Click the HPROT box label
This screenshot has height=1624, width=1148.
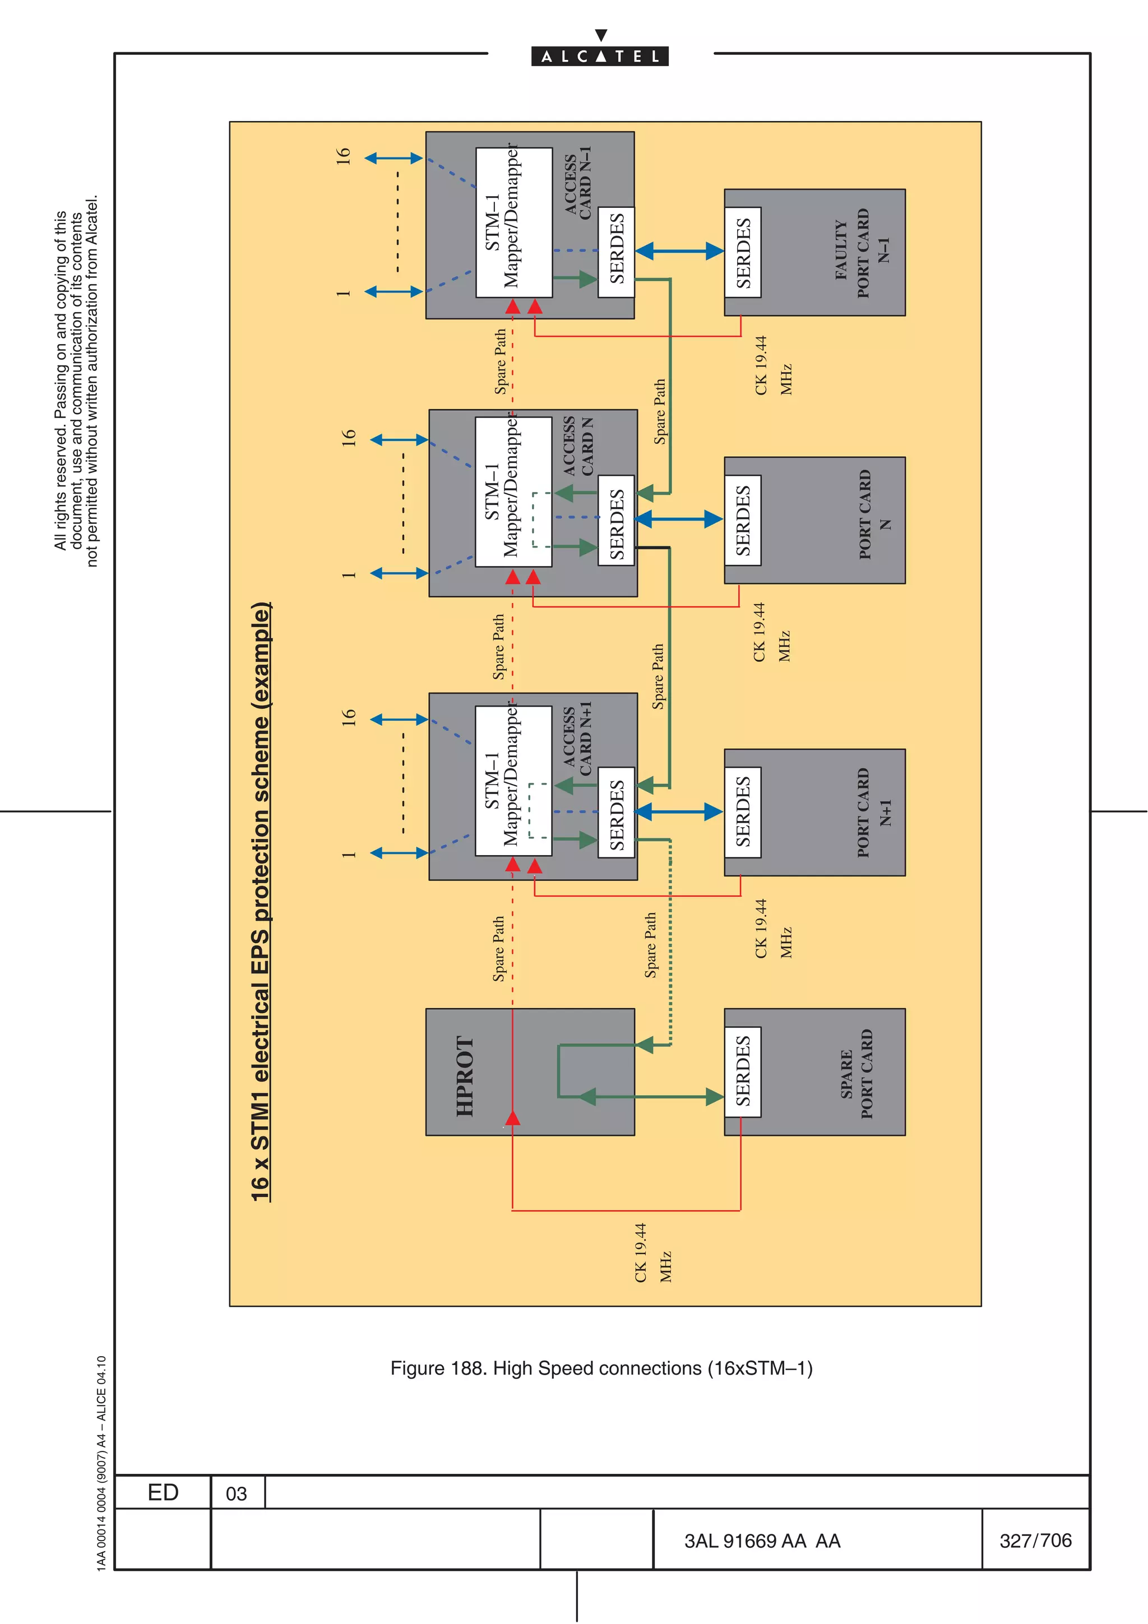click(x=465, y=1077)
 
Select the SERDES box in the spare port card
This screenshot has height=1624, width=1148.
click(x=743, y=1071)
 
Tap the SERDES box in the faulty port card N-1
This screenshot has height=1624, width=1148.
click(x=743, y=253)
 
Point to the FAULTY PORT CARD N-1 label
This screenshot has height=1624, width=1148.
click(x=862, y=253)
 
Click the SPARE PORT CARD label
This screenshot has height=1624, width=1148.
click(x=857, y=1074)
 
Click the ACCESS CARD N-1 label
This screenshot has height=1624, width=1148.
click(x=578, y=183)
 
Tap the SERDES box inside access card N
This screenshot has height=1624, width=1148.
click(x=616, y=520)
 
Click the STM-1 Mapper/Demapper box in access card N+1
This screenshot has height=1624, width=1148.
click(x=513, y=781)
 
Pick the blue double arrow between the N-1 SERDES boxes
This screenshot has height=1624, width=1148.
click(x=679, y=250)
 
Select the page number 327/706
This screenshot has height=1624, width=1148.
click(x=1035, y=1541)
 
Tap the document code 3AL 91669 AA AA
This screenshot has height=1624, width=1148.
click(x=762, y=1541)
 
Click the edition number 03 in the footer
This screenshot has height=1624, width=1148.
click(x=236, y=1494)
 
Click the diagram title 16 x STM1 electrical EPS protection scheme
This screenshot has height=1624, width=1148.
click(x=261, y=901)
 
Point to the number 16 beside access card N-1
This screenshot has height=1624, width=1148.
click(x=343, y=156)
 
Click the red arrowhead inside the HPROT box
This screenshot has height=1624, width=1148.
click(x=513, y=1117)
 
